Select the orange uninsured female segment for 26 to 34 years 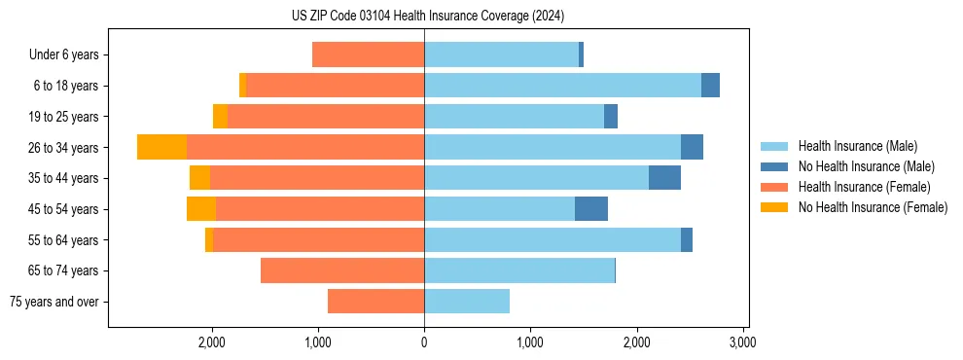pos(161,147)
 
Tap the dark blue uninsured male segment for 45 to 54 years pos(591,209)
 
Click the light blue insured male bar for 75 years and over pos(467,302)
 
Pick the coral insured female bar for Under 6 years pos(368,54)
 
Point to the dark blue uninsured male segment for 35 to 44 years pos(664,178)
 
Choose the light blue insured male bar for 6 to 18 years pos(562,86)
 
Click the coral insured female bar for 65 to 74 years pos(342,270)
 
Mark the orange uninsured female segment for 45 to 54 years pos(201,209)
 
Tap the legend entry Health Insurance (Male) pos(857,146)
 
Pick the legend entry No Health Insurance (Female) pos(873,207)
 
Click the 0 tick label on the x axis pos(424,342)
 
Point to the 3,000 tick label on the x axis pos(743,342)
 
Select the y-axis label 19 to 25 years pos(63,117)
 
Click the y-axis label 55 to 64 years pos(63,240)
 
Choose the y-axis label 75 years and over pos(54,302)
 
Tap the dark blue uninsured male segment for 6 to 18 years pos(710,86)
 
